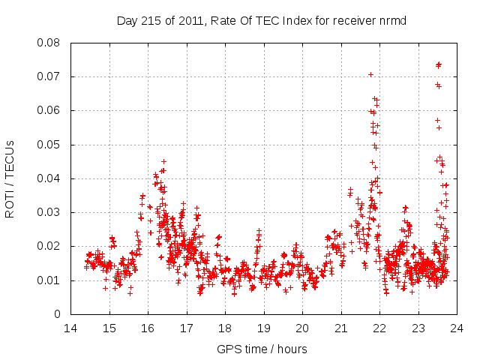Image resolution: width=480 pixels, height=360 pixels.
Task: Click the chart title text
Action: click(262, 20)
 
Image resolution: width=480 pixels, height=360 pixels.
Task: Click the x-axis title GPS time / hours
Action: click(262, 349)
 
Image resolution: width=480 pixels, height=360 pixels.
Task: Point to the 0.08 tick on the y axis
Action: click(51, 43)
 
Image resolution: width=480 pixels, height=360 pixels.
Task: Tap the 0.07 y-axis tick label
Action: click(51, 76)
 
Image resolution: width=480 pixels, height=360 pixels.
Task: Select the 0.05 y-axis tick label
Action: click(51, 145)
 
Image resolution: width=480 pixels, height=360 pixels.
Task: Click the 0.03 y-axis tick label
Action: click(51, 212)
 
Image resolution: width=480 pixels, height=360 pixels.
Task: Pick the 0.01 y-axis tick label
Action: click(51, 280)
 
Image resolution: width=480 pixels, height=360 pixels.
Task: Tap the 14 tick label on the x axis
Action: click(70, 328)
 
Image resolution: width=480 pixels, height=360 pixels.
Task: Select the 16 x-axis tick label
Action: click(148, 328)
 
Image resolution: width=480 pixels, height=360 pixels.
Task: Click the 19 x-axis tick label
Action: click(264, 328)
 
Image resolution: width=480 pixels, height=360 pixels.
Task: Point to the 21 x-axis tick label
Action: click(341, 328)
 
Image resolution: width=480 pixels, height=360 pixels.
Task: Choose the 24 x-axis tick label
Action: click(457, 328)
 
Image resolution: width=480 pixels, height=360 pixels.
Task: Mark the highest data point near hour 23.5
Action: click(439, 64)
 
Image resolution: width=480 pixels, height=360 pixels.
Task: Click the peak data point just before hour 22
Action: click(370, 74)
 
